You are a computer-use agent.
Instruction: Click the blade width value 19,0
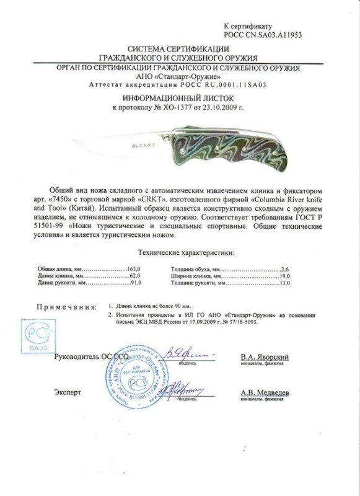[x=284, y=276]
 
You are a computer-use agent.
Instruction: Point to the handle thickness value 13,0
[x=284, y=283]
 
